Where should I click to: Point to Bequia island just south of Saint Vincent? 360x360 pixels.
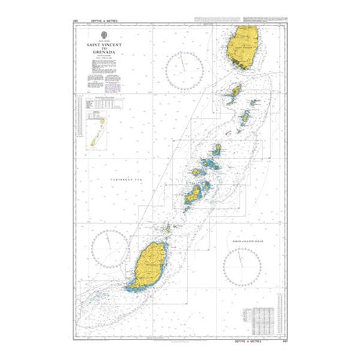click(232, 93)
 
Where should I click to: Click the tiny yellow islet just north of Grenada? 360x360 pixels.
click(167, 229)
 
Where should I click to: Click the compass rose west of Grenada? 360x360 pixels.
click(106, 250)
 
